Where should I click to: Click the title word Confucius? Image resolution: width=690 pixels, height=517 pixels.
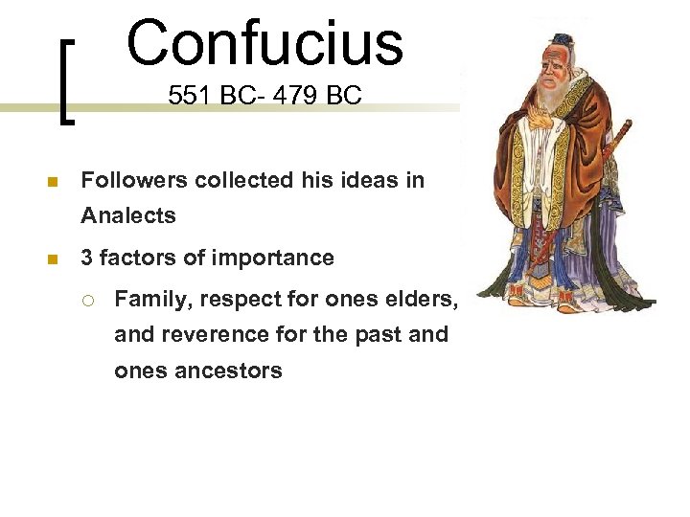coord(264,42)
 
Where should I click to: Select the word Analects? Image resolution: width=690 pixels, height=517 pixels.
coord(128,215)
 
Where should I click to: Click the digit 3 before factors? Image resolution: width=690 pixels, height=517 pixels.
coord(87,258)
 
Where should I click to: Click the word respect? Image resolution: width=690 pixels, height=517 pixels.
coord(237,300)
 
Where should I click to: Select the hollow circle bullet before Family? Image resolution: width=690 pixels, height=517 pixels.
coord(87,301)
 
